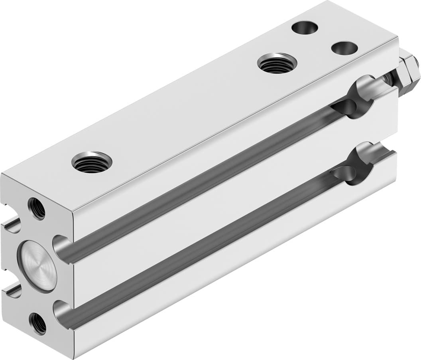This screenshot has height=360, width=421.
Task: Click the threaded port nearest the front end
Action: point(92,162)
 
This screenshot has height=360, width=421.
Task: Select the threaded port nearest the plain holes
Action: point(277,63)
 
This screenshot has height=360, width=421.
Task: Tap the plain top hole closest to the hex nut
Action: point(344,48)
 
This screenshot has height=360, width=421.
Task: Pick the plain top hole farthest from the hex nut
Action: point(305,28)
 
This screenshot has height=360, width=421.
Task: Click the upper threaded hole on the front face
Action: point(37,208)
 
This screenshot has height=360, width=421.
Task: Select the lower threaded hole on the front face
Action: point(38,323)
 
